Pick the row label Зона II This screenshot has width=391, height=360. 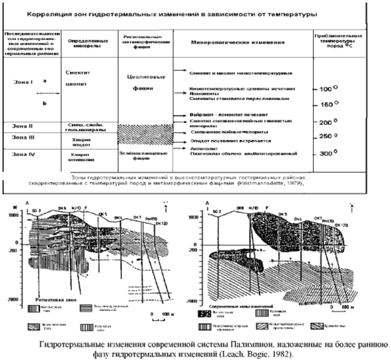tap(17, 125)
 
